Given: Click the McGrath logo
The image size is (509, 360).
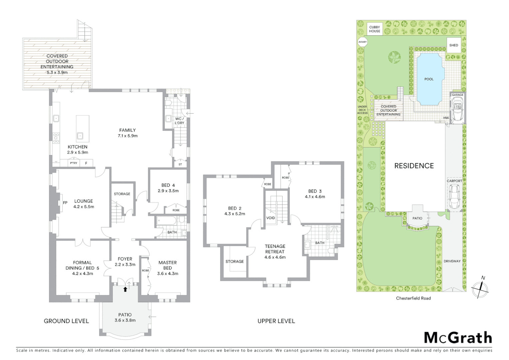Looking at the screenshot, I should [458, 338].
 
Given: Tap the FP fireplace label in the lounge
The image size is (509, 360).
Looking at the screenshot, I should [65, 203].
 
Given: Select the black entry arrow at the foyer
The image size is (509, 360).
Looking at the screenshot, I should [125, 289].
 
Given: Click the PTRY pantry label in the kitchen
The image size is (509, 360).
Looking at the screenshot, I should [74, 163].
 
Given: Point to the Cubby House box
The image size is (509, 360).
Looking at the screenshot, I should [374, 29].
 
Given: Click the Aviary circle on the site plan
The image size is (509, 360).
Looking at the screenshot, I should [362, 42].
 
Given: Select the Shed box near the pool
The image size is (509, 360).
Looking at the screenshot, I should [453, 45].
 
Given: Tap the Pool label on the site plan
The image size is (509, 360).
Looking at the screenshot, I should [429, 79].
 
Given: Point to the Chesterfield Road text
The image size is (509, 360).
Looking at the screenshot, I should [413, 298].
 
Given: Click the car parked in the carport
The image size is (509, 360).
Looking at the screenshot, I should [454, 197].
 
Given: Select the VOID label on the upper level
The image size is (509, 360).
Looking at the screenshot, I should [270, 218].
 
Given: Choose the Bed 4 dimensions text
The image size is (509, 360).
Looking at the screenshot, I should [168, 191].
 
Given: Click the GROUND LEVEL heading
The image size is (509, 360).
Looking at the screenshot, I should [66, 321].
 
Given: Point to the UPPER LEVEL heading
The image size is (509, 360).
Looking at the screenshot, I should [276, 321].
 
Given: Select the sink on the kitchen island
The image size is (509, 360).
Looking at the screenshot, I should [80, 136].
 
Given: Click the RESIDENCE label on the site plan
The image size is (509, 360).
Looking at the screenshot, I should [414, 166].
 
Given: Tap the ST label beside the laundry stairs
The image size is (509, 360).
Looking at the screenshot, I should [180, 164].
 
